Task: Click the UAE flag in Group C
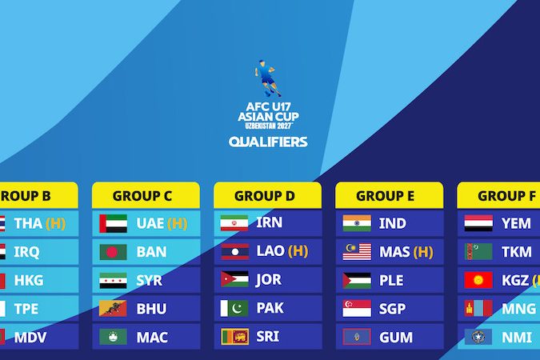tap(114, 223)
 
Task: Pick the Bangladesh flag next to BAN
tap(114, 252)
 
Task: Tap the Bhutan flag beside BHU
tap(113, 308)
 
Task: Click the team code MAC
tap(152, 338)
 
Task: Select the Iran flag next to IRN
tap(234, 223)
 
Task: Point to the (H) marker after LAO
tap(298, 251)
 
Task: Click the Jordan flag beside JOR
tap(234, 279)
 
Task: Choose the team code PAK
tap(270, 308)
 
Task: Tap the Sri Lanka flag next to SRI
tap(235, 337)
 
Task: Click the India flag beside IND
tap(357, 223)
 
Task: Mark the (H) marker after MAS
tap(423, 252)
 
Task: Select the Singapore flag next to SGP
tap(357, 308)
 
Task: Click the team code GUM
tap(396, 338)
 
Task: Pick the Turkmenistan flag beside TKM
tap(478, 251)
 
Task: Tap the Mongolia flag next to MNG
tap(478, 308)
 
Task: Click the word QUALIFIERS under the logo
tap(268, 142)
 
